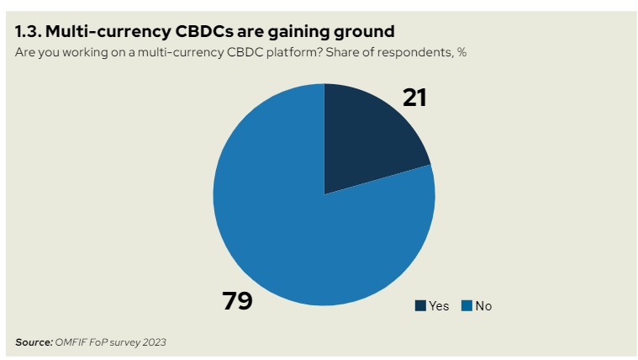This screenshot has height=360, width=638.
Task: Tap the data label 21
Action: click(x=414, y=98)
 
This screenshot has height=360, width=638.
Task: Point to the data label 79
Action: click(x=238, y=300)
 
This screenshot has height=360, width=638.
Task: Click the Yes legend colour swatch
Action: click(x=419, y=306)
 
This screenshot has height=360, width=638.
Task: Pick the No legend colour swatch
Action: click(x=467, y=306)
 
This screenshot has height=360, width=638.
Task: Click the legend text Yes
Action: click(x=439, y=306)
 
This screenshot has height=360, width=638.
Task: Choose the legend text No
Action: click(x=483, y=306)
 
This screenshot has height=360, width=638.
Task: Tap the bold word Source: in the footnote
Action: click(x=34, y=341)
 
